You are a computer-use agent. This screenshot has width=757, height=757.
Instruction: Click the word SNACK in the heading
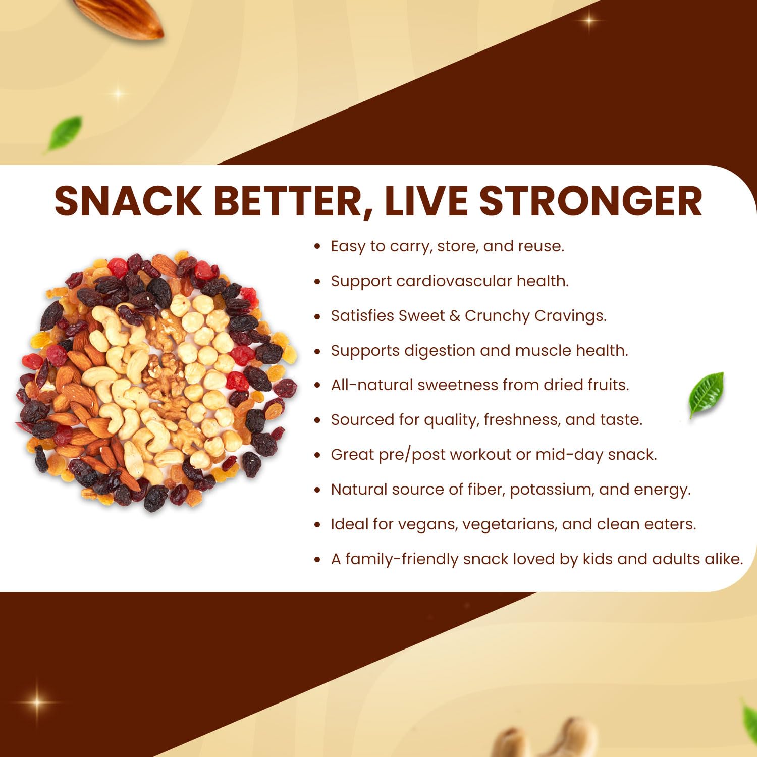(x=128, y=201)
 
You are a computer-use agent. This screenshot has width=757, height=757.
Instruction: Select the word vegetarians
(x=509, y=525)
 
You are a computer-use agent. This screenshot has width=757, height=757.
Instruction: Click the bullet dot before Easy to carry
(x=317, y=247)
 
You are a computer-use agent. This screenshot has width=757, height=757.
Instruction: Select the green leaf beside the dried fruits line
(x=707, y=394)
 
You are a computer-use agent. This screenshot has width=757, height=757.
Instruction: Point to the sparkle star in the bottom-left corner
(x=36, y=702)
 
